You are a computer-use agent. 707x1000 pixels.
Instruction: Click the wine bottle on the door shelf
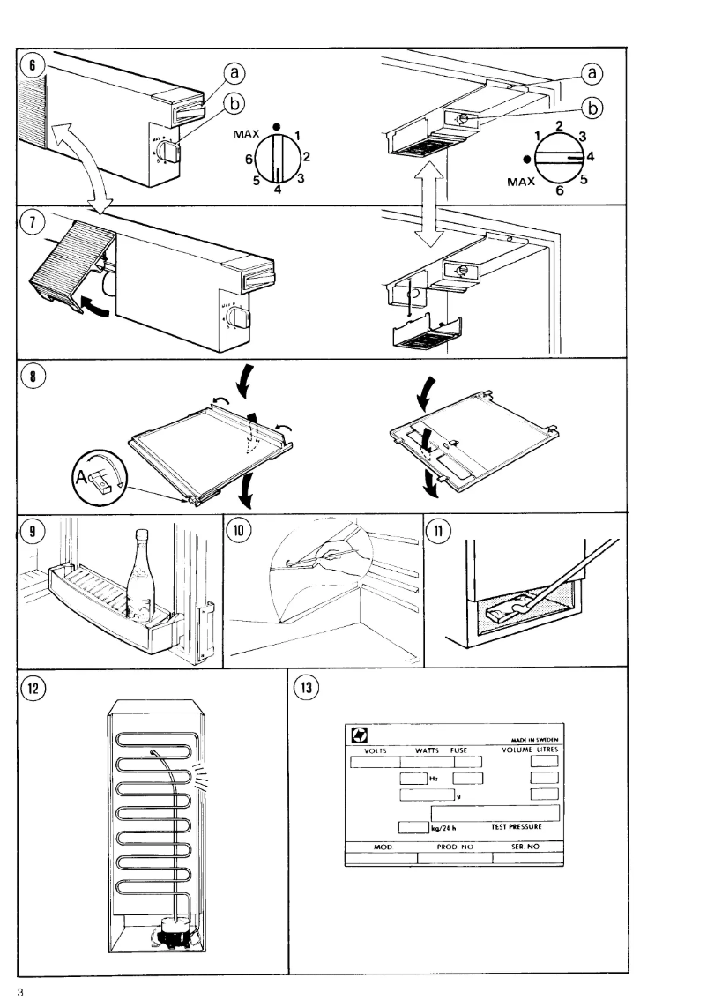pos(139,579)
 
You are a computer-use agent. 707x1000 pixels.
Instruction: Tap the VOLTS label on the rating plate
pos(368,750)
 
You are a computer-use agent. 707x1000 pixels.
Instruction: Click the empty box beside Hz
pos(412,778)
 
